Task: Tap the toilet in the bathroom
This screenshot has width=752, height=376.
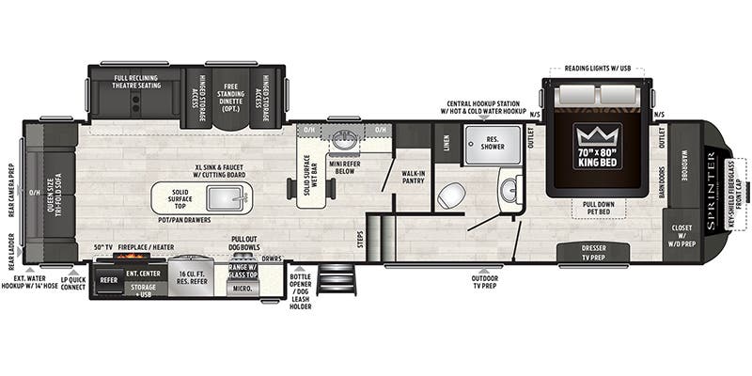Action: click(x=451, y=195)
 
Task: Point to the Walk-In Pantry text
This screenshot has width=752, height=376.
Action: click(x=414, y=178)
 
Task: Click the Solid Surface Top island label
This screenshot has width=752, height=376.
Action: click(x=181, y=199)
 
